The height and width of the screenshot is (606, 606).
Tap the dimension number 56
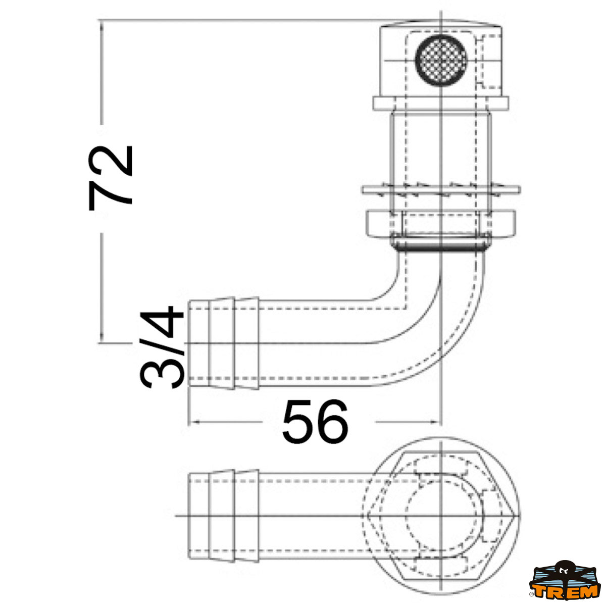coord(315,422)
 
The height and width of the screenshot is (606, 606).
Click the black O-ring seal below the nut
coord(439,246)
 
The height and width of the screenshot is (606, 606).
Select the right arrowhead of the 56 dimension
coord(437,422)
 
